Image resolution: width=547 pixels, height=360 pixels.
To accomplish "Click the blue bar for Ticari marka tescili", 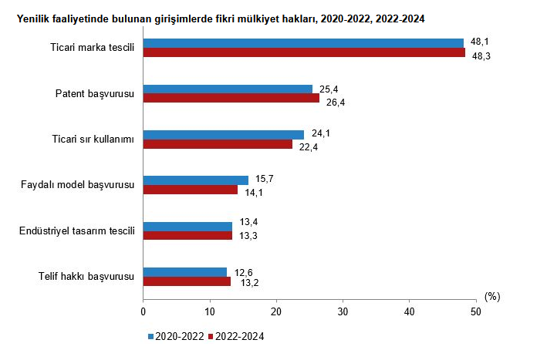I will (303, 43).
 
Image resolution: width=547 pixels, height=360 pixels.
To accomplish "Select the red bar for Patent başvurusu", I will (231, 98).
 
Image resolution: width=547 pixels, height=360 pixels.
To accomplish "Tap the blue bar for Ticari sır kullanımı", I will (224, 135).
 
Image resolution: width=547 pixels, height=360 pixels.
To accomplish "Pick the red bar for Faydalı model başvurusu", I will (191, 190).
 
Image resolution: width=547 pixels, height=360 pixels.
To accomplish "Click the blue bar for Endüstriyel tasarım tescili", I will (187, 226).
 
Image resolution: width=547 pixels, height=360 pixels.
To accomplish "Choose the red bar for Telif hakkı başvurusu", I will (187, 281).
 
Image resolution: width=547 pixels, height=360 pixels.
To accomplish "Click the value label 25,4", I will (329, 89).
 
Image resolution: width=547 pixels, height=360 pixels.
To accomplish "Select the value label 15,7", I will (265, 180).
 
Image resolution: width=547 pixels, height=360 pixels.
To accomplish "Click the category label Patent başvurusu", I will (95, 93).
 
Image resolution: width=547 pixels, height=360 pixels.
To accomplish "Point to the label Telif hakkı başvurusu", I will (86, 276).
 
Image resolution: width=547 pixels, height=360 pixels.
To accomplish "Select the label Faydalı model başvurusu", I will (77, 185).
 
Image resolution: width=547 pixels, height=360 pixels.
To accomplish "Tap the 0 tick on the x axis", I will (144, 311).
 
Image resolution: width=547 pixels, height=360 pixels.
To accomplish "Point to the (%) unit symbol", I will (493, 296).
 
